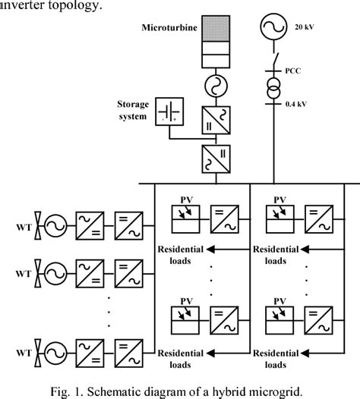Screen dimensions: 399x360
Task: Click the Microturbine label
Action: tap(169, 30)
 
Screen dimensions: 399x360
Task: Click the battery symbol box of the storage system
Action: tap(168, 112)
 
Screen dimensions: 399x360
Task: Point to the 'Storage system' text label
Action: tap(134, 110)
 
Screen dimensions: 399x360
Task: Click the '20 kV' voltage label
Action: tap(303, 27)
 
